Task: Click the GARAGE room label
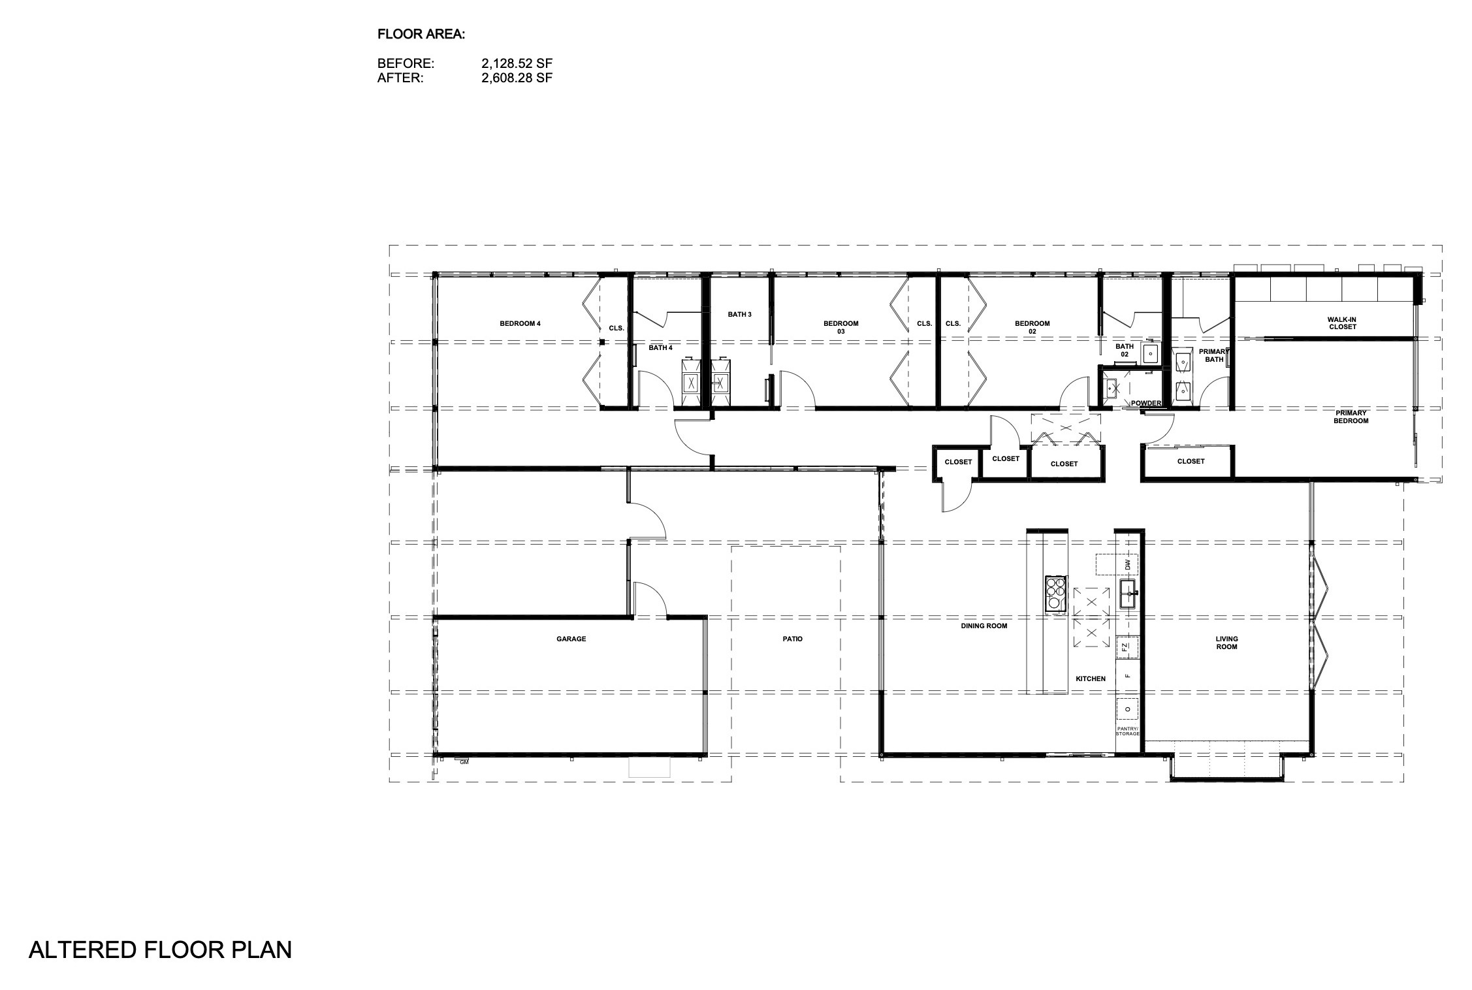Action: point(571,639)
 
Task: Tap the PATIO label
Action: point(792,639)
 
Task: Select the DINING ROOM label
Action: point(984,626)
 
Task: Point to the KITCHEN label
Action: point(1091,679)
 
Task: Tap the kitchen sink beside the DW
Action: point(1129,594)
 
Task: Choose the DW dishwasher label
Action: point(1127,564)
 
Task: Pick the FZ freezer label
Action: point(1125,647)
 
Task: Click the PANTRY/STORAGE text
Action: point(1127,731)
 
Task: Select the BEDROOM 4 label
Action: point(520,323)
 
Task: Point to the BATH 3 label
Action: point(739,314)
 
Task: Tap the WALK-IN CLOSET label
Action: point(1342,323)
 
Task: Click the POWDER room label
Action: point(1146,403)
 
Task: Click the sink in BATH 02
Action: point(1150,354)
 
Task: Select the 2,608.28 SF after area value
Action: point(517,78)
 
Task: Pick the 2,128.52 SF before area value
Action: point(517,63)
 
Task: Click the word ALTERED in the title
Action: point(72,950)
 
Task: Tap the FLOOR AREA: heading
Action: point(421,35)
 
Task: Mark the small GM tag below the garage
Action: point(464,762)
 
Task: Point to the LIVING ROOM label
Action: point(1226,643)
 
